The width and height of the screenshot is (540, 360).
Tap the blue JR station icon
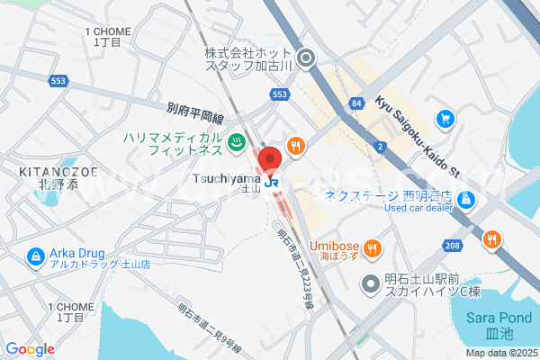click(x=274, y=182)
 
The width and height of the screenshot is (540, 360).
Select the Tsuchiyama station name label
click(x=226, y=179)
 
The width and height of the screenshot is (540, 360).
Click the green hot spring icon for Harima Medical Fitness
click(x=236, y=141)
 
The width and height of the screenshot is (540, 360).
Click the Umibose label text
click(x=336, y=247)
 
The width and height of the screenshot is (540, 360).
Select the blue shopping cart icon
click(x=445, y=118)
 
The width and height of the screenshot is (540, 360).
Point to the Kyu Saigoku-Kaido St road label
click(x=418, y=134)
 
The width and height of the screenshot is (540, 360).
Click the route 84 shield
click(x=357, y=105)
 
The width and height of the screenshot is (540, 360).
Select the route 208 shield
click(x=452, y=245)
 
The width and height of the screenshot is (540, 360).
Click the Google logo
click(x=30, y=349)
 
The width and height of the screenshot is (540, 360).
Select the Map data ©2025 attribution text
click(x=500, y=353)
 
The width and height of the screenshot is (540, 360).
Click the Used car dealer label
click(x=418, y=207)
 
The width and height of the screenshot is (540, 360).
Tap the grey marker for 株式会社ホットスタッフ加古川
click(x=306, y=60)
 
